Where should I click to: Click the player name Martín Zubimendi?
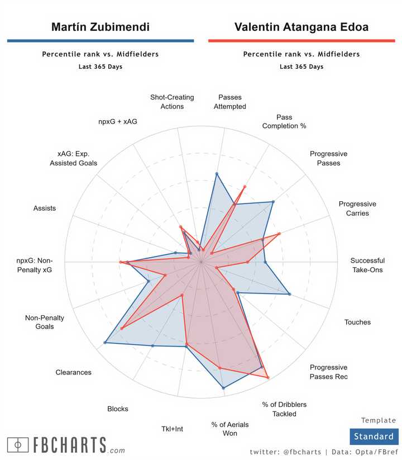point(100,27)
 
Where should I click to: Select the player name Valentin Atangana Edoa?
point(301,27)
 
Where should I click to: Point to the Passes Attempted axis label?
point(229,102)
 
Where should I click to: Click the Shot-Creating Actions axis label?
point(172,102)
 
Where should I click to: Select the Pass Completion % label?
point(284,122)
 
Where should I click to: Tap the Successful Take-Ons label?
point(367,265)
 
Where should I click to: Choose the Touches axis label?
point(357,322)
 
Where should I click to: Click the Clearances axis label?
point(73,372)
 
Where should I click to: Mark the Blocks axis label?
point(118,409)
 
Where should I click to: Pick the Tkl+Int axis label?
point(172,429)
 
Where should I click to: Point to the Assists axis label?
point(45,208)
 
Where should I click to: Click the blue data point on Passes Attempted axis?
point(217,174)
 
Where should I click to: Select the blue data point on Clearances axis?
point(105,343)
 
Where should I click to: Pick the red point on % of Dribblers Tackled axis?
point(268,378)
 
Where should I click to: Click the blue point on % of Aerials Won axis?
point(223,387)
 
